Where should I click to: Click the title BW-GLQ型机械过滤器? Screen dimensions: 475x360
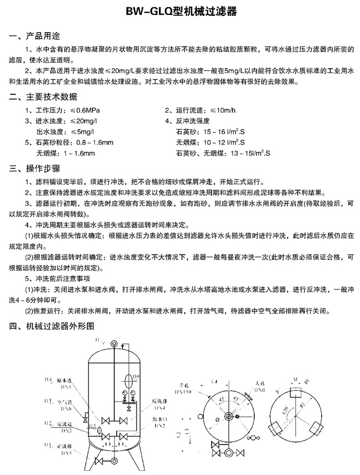tap(180, 11)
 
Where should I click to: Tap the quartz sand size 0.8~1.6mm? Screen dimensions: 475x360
tap(95, 142)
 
